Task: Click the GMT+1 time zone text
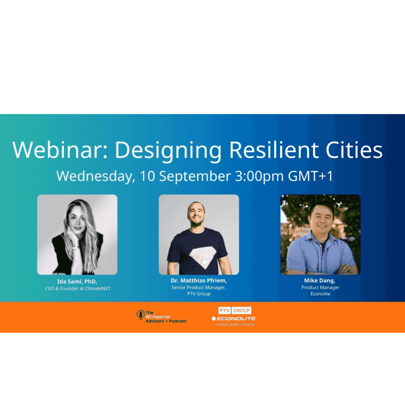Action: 310,176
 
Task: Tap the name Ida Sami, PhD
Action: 77,281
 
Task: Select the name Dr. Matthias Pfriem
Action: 199,280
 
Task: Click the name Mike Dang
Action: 320,280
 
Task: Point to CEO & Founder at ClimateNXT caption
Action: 78,289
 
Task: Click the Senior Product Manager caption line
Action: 199,288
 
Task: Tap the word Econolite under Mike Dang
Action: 320,294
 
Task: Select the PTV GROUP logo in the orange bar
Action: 235,311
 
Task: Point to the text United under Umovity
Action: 235,325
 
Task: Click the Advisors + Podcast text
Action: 166,321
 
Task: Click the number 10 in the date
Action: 147,176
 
